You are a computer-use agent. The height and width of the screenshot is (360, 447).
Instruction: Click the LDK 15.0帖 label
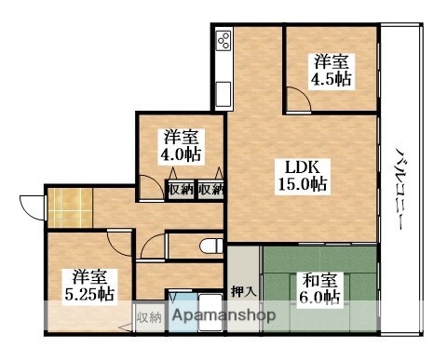point(302,176)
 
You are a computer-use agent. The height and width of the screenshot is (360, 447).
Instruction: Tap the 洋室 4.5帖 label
point(331,71)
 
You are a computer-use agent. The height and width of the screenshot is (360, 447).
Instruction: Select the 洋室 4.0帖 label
point(181,145)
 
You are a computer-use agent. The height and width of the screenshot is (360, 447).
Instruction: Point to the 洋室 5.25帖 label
point(89,286)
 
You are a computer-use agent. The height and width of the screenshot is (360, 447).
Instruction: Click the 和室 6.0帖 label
point(319,289)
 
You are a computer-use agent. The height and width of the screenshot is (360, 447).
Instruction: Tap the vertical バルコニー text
point(400,188)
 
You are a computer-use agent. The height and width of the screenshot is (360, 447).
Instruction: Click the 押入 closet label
point(244,291)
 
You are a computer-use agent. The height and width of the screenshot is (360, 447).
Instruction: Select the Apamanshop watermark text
point(223,315)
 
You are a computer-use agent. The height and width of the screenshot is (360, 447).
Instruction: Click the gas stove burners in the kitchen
point(223,40)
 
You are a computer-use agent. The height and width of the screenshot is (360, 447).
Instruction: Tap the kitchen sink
point(223,94)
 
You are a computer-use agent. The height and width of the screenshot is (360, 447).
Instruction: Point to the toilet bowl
point(211,247)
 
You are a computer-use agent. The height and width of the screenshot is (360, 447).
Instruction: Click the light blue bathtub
point(183,312)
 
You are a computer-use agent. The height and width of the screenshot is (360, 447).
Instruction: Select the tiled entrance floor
point(71,207)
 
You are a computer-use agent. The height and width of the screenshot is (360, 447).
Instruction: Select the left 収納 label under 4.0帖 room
point(181,189)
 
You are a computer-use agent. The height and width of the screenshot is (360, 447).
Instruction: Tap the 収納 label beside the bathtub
point(150,318)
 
